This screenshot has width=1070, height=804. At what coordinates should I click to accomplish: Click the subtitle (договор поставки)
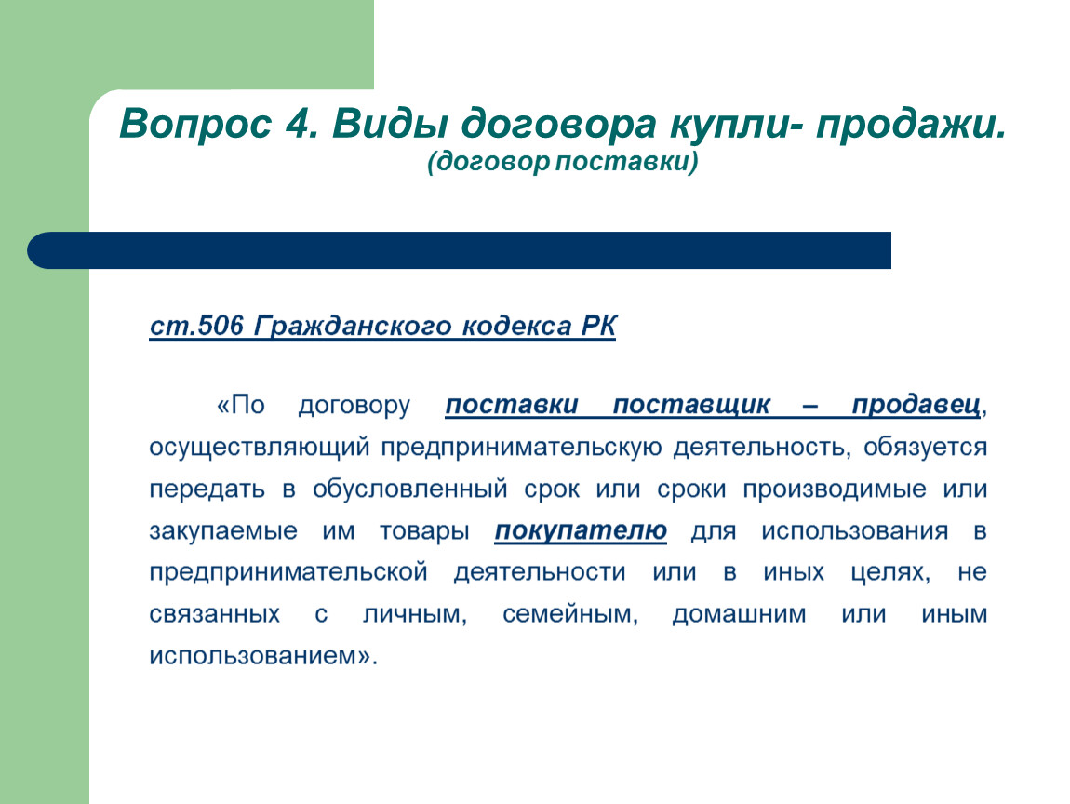point(563,163)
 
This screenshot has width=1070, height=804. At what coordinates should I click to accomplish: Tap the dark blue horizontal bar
point(459,249)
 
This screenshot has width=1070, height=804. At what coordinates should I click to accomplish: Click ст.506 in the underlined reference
point(196,326)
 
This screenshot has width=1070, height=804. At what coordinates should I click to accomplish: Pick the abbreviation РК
point(599,326)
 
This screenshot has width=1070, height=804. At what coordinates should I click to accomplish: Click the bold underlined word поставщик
point(691,406)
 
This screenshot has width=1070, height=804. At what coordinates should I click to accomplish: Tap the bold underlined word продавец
point(916,406)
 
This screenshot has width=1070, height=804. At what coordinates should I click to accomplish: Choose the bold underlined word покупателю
point(581,531)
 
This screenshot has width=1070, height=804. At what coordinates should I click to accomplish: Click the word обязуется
point(926,448)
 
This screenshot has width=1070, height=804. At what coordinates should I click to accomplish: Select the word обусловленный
point(410,489)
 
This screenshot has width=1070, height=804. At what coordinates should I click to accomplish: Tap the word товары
point(424,531)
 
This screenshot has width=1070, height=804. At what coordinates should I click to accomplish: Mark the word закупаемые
point(223,531)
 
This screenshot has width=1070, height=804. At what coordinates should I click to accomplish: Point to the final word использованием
point(263,656)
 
